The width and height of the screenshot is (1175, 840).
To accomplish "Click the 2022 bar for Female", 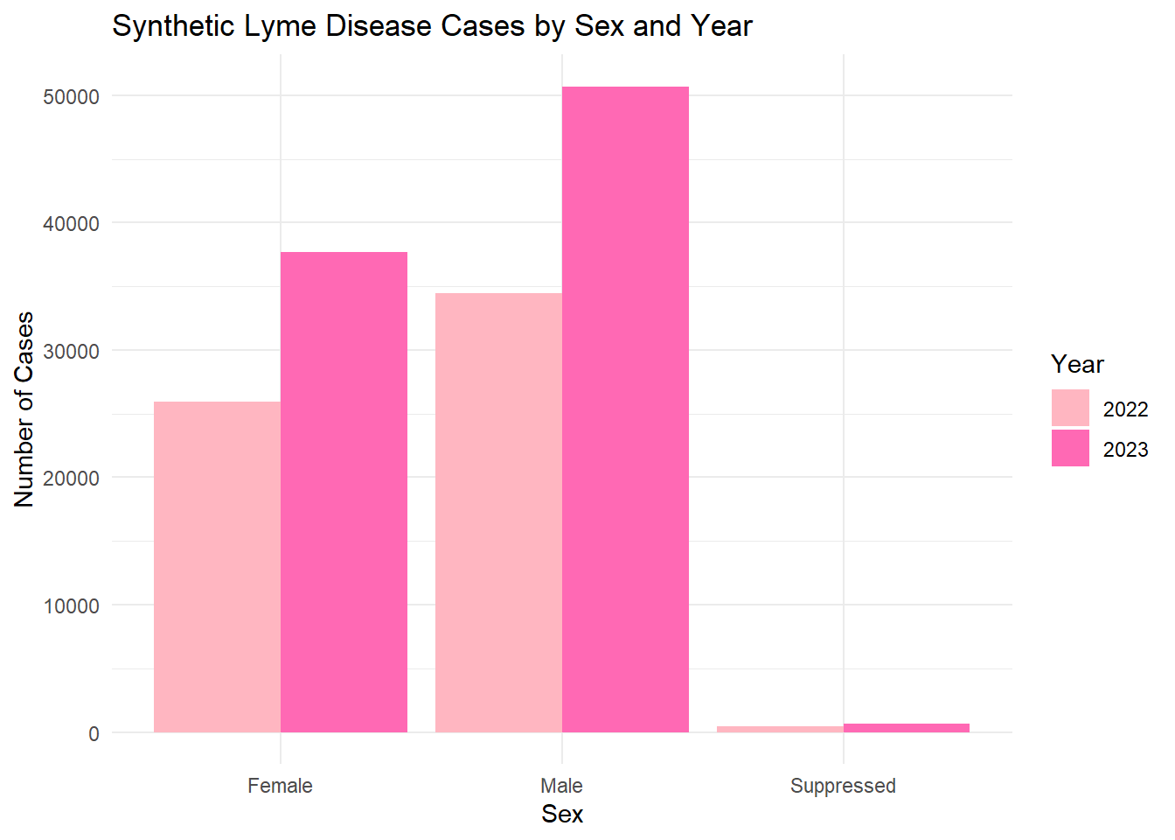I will pos(217,567).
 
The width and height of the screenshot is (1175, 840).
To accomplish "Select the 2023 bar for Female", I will pos(344,492).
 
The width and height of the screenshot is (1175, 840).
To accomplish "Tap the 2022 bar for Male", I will pos(498,513).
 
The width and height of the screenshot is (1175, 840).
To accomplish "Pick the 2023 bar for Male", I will pos(625,409).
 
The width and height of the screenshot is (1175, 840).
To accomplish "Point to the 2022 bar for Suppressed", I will pos(780,729).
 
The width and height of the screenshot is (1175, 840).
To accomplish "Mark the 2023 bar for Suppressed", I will pos(907,728).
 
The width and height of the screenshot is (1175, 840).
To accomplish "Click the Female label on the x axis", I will pos(280,786).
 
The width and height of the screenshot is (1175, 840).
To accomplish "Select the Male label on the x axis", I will pos(561,786).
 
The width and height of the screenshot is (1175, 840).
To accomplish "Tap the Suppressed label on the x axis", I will pos(843,786).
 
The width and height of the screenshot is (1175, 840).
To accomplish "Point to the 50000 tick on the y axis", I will pos(71,97).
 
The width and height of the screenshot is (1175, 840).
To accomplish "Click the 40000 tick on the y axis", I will pos(71,224).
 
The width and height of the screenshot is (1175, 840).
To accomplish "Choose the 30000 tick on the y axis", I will pos(71,352).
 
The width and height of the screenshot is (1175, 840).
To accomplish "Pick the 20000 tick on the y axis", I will pos(71,479).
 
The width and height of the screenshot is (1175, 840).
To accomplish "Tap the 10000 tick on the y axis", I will pos(71,606).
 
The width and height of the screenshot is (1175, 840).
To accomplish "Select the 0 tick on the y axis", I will pos(94,734).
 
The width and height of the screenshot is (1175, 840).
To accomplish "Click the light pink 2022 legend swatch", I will pos(1070,408).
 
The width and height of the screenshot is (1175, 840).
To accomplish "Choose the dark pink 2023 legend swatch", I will pos(1070,448).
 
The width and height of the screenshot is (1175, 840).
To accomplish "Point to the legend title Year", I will pos(1077,364).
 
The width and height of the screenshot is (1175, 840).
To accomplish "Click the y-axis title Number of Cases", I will pos(24,409).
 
